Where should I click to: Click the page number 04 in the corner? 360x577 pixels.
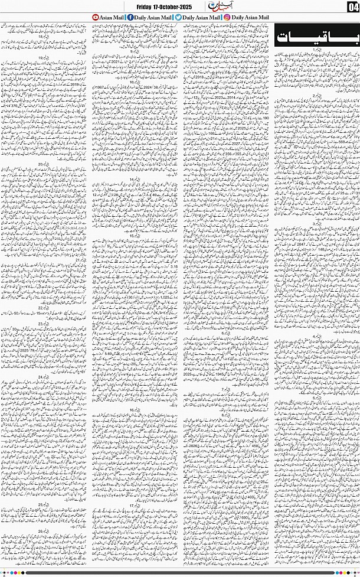353,7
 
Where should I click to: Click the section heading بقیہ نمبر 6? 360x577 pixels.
225,334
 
